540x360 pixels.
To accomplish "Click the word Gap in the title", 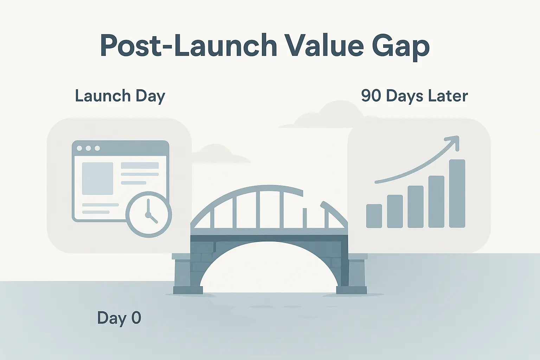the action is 401,47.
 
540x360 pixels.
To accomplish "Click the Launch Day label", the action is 120,96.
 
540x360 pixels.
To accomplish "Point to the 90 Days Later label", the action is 414,96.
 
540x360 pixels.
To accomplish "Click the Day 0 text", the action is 119,318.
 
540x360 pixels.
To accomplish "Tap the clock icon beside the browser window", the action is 149,214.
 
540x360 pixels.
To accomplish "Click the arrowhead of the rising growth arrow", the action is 452,142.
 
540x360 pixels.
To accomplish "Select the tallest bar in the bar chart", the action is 457,193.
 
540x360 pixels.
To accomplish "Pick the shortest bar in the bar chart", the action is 374,216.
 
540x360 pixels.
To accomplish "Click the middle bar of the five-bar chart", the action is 416,207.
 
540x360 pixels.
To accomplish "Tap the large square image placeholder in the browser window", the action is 98,179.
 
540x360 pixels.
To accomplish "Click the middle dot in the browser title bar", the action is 88,148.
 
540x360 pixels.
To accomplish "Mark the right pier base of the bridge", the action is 352,290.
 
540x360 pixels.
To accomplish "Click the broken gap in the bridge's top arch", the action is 312,198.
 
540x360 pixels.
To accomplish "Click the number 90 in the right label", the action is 371,96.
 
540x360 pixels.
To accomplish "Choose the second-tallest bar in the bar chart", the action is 436,201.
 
